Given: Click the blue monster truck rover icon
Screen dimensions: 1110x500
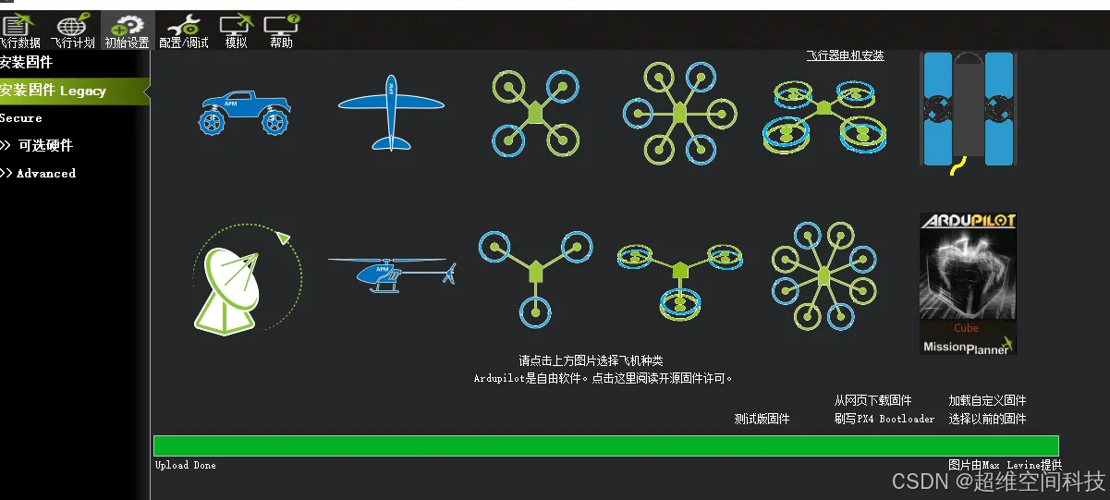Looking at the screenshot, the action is (244, 113).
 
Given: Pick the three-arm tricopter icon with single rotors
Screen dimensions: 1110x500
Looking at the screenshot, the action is (534, 270).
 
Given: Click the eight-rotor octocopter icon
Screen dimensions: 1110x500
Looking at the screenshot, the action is (823, 275).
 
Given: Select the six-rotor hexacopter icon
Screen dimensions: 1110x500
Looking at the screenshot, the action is (679, 113).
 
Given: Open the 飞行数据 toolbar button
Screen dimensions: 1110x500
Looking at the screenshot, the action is (19, 31).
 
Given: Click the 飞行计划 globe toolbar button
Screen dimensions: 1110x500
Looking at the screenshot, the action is (73, 31).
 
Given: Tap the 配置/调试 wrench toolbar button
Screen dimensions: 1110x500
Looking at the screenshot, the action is (184, 31).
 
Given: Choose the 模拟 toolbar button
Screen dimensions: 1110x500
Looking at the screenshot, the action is (236, 31).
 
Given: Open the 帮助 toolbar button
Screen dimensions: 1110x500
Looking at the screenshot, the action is (281, 31).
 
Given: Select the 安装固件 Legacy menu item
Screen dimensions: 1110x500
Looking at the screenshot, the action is (55, 91).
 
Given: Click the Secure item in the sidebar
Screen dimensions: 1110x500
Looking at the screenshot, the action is (21, 118).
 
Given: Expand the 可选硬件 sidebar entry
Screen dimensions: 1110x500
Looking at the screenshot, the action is (42, 145).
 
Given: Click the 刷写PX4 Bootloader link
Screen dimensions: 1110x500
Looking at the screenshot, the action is (884, 419).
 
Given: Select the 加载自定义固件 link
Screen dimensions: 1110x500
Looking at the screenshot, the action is (987, 400).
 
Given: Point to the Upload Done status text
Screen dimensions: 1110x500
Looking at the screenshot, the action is (186, 465).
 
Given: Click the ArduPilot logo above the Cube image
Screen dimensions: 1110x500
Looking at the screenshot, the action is (968, 221).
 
